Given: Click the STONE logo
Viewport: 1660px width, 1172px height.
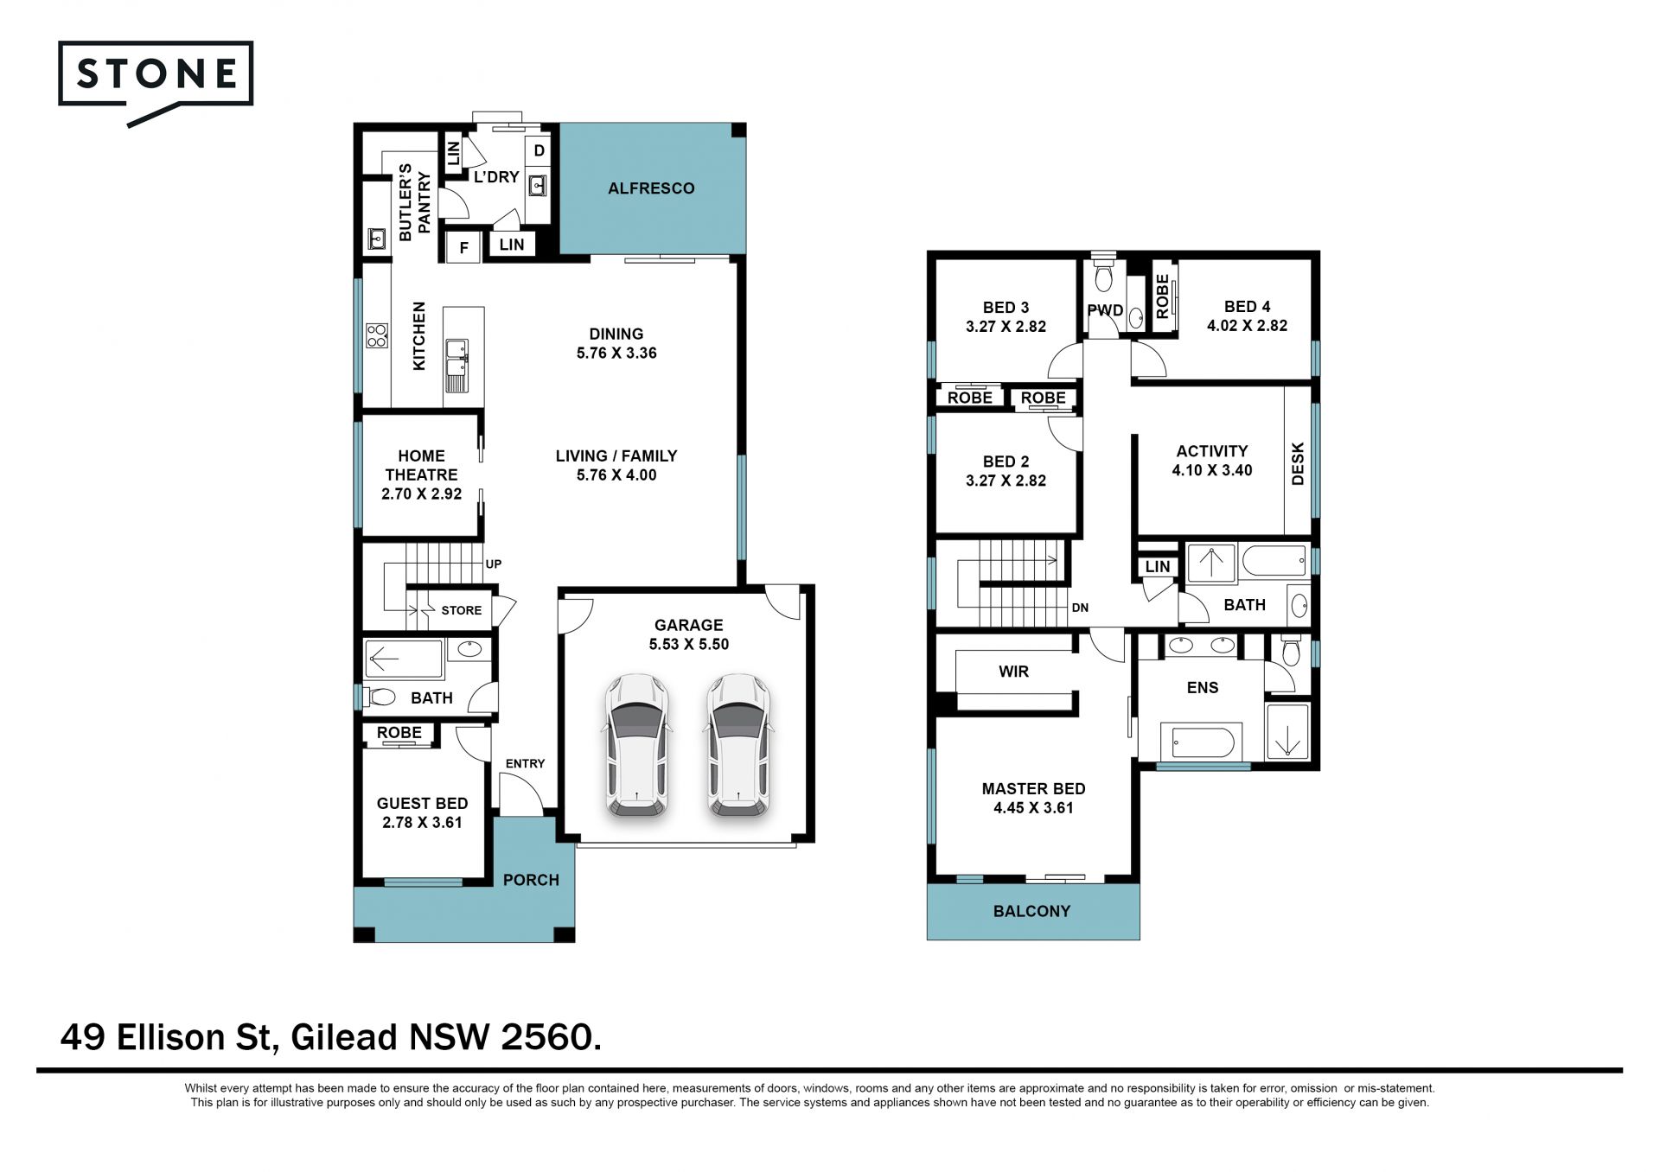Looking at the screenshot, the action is click(156, 83).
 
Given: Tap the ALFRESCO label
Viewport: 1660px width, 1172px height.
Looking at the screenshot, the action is click(651, 188).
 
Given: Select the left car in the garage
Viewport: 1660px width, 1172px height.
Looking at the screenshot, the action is click(635, 745).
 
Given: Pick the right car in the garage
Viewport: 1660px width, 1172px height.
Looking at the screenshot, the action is click(739, 745).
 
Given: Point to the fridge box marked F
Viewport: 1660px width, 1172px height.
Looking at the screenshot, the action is click(463, 248).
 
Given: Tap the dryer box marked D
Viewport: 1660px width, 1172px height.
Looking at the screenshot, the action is click(539, 151).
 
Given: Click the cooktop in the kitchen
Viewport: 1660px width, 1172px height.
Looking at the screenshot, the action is click(376, 335).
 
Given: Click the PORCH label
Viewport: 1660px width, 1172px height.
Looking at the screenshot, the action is click(531, 880).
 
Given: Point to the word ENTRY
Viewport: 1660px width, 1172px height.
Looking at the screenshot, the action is click(525, 763).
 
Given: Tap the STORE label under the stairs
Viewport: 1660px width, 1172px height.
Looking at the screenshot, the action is click(461, 610).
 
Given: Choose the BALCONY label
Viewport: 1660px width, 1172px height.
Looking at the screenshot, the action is click(1031, 911).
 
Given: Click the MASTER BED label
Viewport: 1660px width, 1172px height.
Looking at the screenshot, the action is click(1033, 788).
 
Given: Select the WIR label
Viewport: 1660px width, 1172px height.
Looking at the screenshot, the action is click(1013, 672).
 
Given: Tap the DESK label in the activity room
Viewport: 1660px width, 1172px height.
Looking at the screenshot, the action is click(1297, 464).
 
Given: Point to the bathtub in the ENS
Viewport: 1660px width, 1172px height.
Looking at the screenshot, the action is click(1203, 742).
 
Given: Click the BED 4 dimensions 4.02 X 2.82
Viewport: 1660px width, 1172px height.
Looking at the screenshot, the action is click(1247, 326).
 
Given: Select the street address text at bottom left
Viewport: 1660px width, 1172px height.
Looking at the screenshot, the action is click(330, 1036).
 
